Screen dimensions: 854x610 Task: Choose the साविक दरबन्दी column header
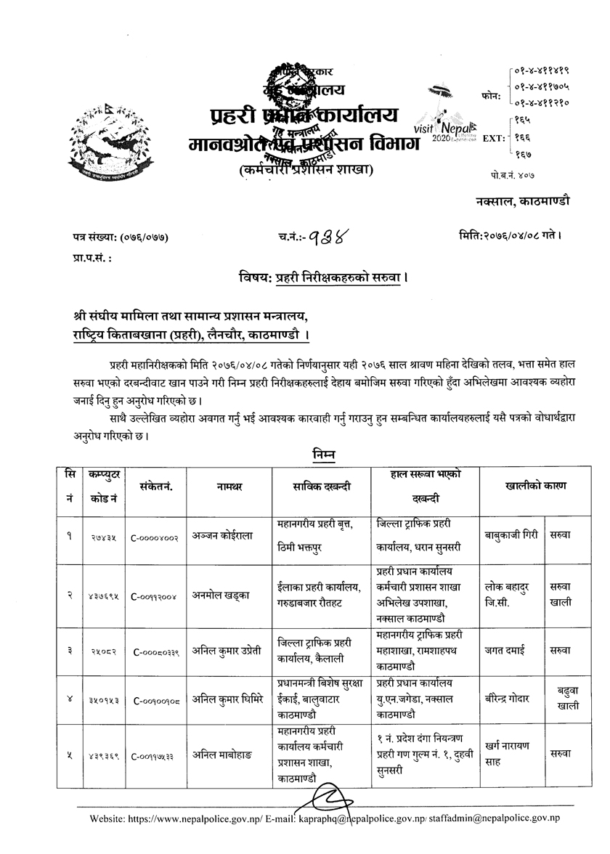(320, 486)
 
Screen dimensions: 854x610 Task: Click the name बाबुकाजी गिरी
(511, 537)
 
